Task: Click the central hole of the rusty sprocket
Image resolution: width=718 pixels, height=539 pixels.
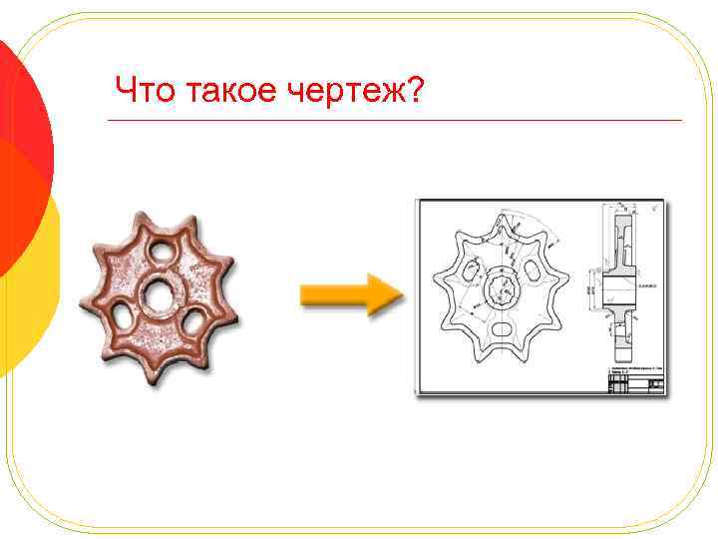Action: (x=158, y=295)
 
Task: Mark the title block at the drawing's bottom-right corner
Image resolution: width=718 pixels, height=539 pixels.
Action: (x=635, y=379)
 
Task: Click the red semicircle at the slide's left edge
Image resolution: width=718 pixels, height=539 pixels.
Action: (x=22, y=150)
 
